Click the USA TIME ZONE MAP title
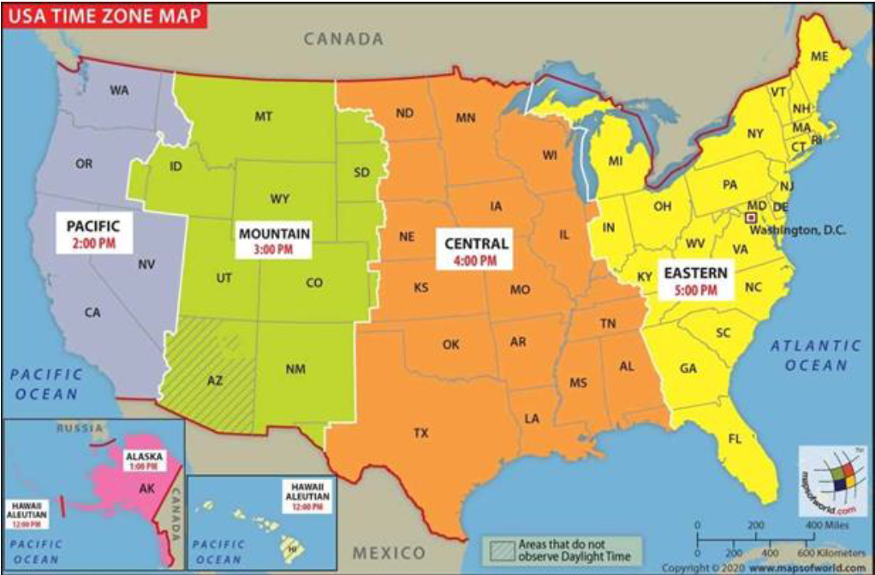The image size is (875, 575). click(101, 16)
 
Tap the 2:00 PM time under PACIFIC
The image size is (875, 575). click(92, 243)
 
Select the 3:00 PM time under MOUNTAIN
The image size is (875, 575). click(274, 249)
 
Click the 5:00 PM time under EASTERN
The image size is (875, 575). click(695, 290)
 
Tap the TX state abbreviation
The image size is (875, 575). click(420, 434)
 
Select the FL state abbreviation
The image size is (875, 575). click(735, 440)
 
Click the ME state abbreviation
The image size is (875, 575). click(819, 57)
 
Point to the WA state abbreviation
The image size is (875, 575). click(119, 90)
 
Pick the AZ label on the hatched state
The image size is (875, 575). click(215, 380)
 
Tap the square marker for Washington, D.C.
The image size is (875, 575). click(752, 219)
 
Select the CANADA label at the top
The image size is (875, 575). click(343, 39)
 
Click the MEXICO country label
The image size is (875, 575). click(390, 552)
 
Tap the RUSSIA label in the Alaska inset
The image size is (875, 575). click(80, 428)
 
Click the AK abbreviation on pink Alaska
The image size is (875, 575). click(146, 488)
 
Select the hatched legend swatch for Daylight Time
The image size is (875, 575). click(501, 548)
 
